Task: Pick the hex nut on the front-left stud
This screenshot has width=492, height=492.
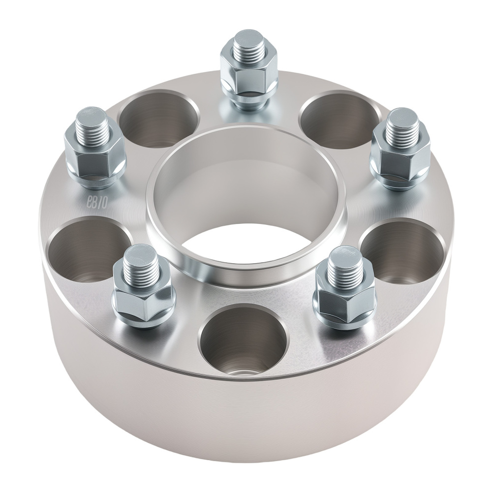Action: tap(144, 295)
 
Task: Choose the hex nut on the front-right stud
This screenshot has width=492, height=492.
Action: tap(345, 298)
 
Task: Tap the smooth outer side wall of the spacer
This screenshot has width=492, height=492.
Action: tap(246, 423)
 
